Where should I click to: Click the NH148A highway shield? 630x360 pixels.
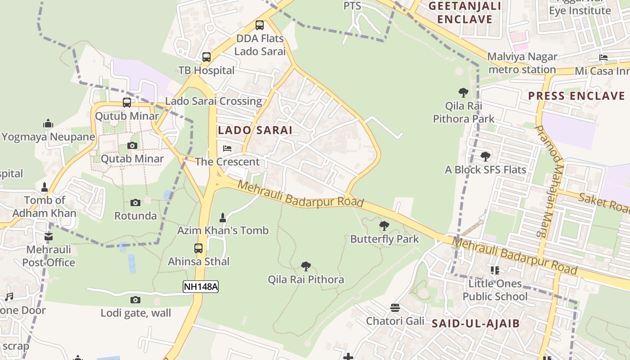point(200,287)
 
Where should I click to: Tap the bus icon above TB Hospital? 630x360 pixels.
point(207,57)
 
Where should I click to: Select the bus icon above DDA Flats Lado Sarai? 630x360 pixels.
point(260,25)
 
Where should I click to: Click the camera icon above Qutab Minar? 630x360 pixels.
point(132,145)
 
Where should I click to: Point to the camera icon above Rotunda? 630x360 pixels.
point(135,203)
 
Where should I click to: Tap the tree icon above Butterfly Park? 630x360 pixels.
point(384,226)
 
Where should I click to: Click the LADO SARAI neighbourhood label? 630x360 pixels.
point(255,130)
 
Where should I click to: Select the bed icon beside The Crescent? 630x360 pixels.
point(227,148)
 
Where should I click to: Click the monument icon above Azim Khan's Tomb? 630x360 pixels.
point(222,218)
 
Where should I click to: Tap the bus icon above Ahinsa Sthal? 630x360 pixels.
point(198,248)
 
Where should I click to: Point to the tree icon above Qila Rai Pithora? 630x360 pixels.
point(306,266)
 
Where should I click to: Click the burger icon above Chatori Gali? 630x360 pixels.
point(395,308)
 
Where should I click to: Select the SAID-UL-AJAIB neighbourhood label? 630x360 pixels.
point(476,323)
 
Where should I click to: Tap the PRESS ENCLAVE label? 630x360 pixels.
point(576,96)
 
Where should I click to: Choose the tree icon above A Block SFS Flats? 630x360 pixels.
point(485,157)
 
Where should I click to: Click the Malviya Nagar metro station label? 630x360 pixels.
point(522,63)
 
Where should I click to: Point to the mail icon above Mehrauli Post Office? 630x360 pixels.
point(49,236)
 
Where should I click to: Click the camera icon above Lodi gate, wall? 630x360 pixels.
point(135,300)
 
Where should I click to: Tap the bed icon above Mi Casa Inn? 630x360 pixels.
point(603,58)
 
